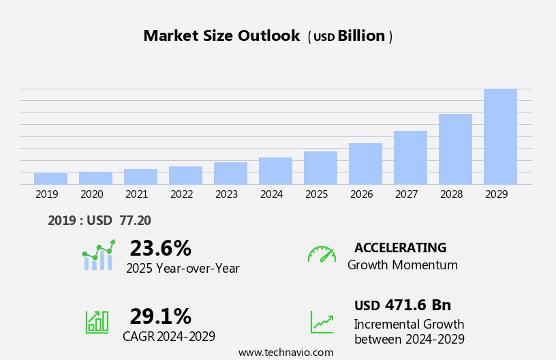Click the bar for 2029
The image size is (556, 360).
click(500, 136)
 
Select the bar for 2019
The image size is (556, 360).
click(50, 179)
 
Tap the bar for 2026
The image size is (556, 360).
click(365, 164)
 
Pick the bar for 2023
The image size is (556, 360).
click(230, 173)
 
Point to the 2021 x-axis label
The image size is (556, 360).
click(136, 194)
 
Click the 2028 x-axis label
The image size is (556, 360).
click(451, 194)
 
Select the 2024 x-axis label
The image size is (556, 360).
click(271, 194)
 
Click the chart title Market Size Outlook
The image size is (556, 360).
click(221, 36)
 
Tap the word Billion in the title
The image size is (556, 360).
click(361, 36)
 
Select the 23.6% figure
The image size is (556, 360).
click(160, 248)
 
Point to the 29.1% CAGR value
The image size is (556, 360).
click(160, 316)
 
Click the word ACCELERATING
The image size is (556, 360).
click(400, 248)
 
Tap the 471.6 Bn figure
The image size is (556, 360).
click(418, 305)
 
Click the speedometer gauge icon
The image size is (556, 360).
click(322, 254)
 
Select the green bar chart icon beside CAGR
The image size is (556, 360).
click(97, 322)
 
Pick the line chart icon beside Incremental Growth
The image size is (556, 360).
click(322, 322)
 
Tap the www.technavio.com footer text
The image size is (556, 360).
click(285, 352)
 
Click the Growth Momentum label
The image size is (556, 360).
click(402, 265)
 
